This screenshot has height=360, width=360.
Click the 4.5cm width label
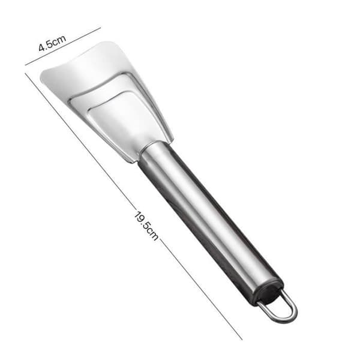click(x=52, y=43)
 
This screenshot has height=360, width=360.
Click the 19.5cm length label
click(x=146, y=226)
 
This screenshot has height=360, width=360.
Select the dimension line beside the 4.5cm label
click(x=63, y=46)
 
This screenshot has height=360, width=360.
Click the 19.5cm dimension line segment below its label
click(x=200, y=289)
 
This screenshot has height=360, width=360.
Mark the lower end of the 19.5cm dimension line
click(x=242, y=339)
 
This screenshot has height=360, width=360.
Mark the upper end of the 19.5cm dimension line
click(x=25, y=73)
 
